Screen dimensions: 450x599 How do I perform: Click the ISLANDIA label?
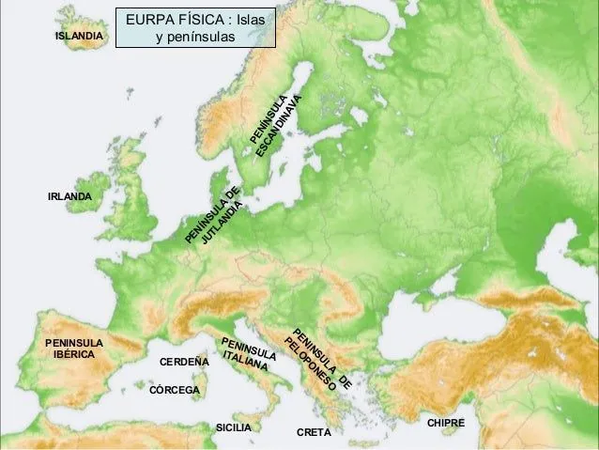click(78, 36)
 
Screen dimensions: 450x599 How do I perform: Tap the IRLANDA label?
click(69, 196)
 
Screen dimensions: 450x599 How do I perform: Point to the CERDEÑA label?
click(184, 362)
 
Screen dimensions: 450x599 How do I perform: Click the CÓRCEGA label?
click(176, 389)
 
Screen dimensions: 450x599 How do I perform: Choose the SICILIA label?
click(234, 427)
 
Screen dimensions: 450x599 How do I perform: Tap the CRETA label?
click(314, 433)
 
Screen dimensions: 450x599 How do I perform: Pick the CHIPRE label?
click(446, 424)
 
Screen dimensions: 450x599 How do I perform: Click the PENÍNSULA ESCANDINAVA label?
click(278, 127)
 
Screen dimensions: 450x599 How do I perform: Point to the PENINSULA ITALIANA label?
click(248, 354)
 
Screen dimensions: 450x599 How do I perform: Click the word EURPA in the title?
click(149, 19)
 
